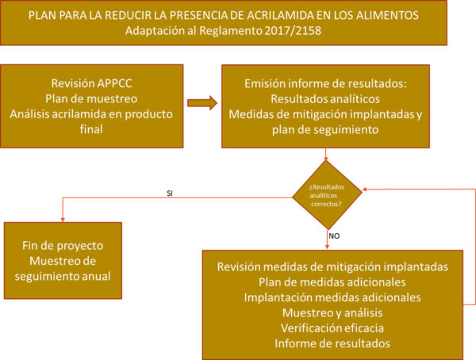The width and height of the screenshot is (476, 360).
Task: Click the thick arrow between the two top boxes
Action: coord(202,103)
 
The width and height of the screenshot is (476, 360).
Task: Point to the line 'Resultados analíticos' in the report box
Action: coord(324,99)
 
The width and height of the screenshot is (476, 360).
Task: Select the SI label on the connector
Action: coord(170,193)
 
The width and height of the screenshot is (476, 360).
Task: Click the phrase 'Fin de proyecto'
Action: coord(62,246)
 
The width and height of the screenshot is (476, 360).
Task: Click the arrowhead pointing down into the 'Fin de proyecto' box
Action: coord(62,219)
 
